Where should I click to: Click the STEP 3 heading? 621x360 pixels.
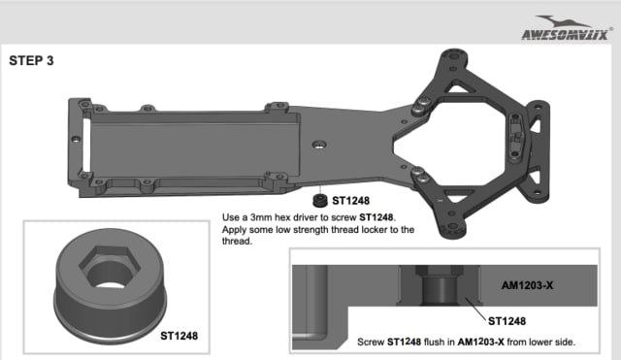pos(31,60)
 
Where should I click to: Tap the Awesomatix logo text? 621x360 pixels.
pos(565,35)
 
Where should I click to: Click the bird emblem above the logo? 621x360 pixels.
pos(563,21)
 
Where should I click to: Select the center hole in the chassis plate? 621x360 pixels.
pos(319,145)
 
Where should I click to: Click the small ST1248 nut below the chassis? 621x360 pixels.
pos(320,201)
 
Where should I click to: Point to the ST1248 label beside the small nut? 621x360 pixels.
pos(350,201)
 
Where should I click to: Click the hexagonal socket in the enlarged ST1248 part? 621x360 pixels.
pos(110,267)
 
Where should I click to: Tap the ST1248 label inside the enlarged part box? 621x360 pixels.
pos(179,336)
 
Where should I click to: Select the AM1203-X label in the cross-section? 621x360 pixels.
pos(527,285)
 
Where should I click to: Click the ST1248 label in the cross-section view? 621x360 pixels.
pos(507,321)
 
